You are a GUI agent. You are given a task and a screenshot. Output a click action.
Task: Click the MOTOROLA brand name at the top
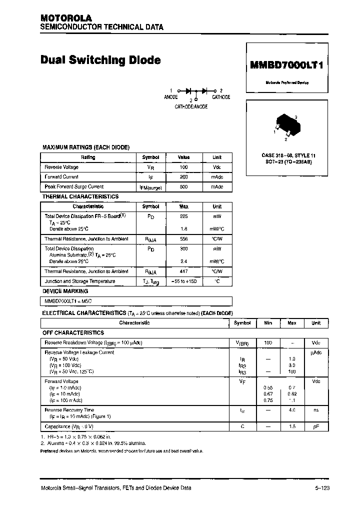tap(66, 18)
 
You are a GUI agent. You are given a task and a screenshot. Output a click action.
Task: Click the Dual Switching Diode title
tap(100, 60)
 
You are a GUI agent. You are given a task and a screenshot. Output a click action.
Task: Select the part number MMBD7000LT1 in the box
tap(286, 65)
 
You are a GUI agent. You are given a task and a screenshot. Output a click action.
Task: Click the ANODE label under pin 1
tap(171, 97)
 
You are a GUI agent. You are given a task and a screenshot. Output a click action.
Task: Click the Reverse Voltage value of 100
tap(183, 167)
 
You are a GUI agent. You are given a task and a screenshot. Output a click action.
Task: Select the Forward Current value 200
tap(183, 177)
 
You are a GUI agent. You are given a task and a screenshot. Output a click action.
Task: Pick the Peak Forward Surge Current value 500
tap(183, 186)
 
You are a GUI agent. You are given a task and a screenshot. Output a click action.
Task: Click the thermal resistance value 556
tap(183, 239)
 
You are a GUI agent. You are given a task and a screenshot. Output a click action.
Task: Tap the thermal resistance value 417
tap(183, 271)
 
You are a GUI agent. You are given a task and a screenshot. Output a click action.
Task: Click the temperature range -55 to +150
tap(183, 281)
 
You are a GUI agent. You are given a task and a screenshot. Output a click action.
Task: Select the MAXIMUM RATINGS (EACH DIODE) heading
tap(86, 147)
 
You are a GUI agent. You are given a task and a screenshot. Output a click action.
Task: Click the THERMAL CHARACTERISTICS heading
tap(80, 197)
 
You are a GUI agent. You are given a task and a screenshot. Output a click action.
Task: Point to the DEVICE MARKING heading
tap(65, 291)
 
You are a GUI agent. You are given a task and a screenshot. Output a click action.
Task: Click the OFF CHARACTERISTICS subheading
tap(73, 333)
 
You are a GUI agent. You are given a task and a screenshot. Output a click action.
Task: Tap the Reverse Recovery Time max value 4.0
tap(292, 410)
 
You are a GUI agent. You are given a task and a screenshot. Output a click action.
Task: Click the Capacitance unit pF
tap(316, 426)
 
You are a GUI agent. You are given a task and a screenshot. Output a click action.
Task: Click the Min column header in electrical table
tap(268, 323)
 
